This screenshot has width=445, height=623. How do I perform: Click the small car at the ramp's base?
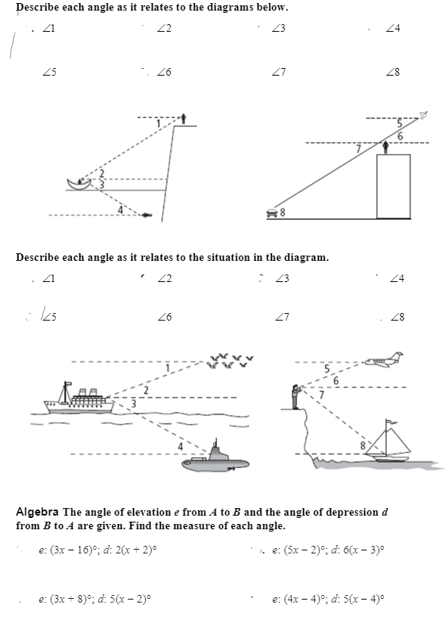point(272,213)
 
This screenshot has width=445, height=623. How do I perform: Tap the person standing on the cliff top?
point(184,119)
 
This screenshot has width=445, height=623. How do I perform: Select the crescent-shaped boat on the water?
point(79,184)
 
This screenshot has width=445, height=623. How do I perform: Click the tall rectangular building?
point(394,186)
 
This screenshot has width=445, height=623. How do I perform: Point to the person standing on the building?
point(385,147)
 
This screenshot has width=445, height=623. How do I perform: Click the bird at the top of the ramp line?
point(424,115)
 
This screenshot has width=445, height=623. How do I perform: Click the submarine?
point(215,458)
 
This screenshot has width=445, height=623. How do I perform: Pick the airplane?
point(384,360)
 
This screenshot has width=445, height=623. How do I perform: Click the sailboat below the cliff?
point(388,441)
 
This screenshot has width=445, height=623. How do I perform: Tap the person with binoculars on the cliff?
point(295,396)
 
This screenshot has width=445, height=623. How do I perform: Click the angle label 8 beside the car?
point(283,212)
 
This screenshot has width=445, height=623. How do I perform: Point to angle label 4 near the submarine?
point(180,447)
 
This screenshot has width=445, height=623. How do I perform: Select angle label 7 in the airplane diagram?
point(322,395)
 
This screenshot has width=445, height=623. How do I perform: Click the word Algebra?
point(37,512)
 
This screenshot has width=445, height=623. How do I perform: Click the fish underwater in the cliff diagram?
point(147,215)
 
